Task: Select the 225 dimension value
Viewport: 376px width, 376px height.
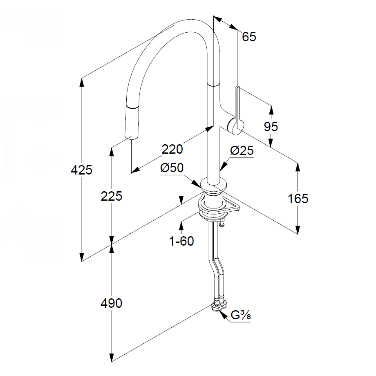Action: [112, 196]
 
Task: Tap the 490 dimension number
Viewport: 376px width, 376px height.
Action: [112, 303]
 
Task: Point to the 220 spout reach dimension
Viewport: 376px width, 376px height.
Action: [172, 149]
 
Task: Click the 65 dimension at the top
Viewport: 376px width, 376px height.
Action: [249, 37]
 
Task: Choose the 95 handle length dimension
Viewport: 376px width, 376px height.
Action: [271, 127]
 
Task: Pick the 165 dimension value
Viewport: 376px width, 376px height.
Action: [298, 199]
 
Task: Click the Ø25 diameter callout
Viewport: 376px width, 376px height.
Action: [242, 151]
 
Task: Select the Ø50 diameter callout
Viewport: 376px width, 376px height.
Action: [172, 168]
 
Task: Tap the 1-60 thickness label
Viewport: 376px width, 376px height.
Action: [181, 241]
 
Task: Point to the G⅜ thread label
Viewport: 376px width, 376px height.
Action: [240, 315]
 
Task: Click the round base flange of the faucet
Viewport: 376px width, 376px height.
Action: [213, 185]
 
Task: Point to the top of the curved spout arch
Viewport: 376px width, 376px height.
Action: [184, 21]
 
